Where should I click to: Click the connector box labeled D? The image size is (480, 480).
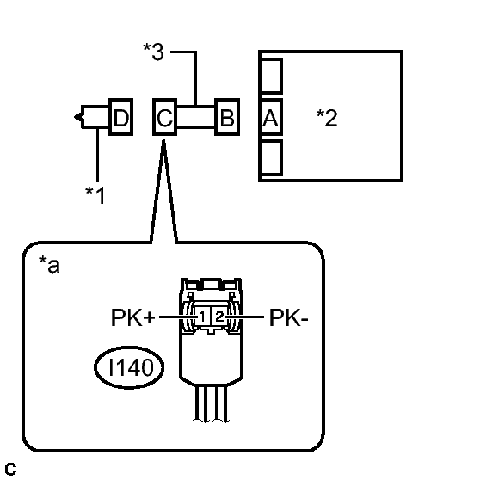[x=121, y=117]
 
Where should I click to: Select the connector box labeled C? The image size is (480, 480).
[x=164, y=117]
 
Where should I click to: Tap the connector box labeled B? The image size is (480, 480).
[x=227, y=117]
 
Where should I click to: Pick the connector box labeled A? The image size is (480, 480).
[x=271, y=117]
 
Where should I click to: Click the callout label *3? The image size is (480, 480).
[x=153, y=52]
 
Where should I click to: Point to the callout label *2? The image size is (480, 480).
[x=327, y=118]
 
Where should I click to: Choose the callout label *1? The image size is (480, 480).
[x=95, y=194]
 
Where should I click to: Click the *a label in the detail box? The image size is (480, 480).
[x=49, y=264]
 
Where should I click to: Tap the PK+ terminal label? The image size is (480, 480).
[x=133, y=317]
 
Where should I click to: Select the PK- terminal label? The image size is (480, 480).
[x=289, y=317]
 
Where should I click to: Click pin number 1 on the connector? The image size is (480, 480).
[x=202, y=316]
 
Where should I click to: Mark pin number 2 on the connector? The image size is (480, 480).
[x=219, y=316]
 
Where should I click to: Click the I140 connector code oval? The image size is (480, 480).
[x=129, y=367]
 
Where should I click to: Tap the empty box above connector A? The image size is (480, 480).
[x=271, y=76]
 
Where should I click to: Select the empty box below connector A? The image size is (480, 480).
[x=271, y=157]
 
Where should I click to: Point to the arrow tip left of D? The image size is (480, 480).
[x=75, y=117]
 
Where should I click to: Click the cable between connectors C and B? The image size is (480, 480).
[x=195, y=116]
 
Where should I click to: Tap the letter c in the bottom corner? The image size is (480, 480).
[x=10, y=469]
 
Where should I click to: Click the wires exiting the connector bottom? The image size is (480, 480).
[x=212, y=403]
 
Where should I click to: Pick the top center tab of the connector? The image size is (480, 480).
[x=211, y=284]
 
